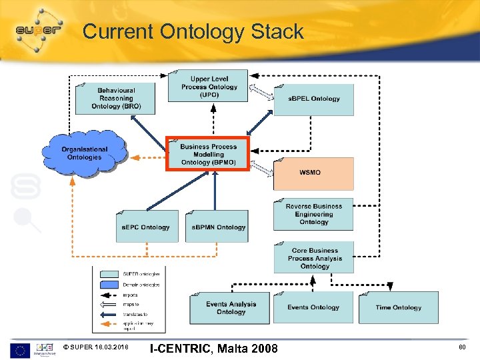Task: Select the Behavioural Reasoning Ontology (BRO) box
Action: [115, 98]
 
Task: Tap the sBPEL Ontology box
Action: [313, 99]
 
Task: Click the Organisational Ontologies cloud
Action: [85, 153]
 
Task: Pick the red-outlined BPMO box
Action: [207, 155]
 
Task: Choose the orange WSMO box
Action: [313, 173]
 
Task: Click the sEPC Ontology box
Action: [147, 227]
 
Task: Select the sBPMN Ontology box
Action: [217, 227]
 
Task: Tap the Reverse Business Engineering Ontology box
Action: [313, 214]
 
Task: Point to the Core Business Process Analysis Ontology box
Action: [313, 258]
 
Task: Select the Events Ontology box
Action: [313, 307]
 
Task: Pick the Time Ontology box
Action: [398, 307]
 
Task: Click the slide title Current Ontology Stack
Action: [193, 31]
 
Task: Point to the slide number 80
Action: [462, 347]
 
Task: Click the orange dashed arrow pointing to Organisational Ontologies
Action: [147, 159]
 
